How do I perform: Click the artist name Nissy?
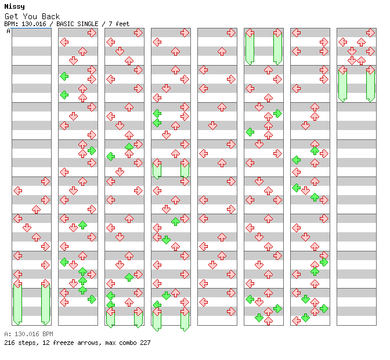pos(15,6)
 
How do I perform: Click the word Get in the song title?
pos(11,16)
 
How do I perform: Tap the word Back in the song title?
pos(50,16)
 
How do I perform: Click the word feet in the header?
pos(122,24)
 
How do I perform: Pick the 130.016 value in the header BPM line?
pos(34,24)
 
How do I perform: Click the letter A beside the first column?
pos(8,31)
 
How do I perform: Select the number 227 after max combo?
pos(145,343)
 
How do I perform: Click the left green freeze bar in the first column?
pos(17,304)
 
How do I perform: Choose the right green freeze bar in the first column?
pos(45,304)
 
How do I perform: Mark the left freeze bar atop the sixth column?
pos(250,49)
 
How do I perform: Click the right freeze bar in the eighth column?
pos(370,86)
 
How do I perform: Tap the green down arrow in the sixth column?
pos(259,318)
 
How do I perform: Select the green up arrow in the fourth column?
pos(175,221)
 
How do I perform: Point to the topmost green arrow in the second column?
pos(64,77)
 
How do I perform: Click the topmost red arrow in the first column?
pos(45,181)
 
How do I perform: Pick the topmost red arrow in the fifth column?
pos(231,33)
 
